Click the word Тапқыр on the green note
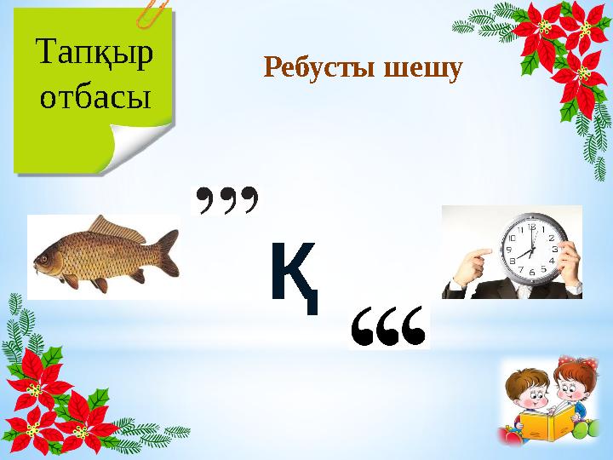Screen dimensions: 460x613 coord(95,57)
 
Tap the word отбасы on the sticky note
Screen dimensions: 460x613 coord(95,98)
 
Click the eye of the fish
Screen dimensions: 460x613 coord(49,252)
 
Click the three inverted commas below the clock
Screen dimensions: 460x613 coord(389,327)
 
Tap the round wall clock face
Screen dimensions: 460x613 coord(529,248)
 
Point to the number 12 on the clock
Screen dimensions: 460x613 coord(531,227)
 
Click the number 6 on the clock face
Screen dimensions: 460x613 coord(531,272)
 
